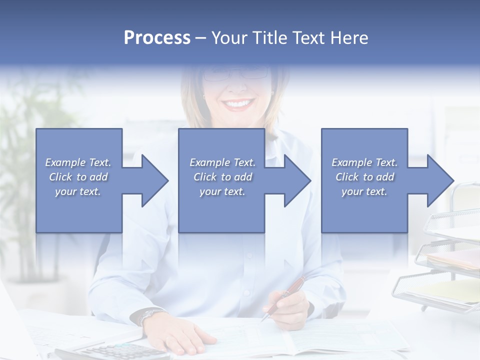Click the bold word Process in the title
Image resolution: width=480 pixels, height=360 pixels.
click(x=157, y=38)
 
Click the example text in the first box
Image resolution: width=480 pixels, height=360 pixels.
click(x=78, y=177)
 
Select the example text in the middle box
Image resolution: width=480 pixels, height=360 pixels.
click(x=222, y=177)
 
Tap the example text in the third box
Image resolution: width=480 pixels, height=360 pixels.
click(x=364, y=177)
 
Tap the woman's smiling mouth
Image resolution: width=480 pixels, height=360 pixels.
click(x=238, y=104)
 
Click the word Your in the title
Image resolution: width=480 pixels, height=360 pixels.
click(x=229, y=38)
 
